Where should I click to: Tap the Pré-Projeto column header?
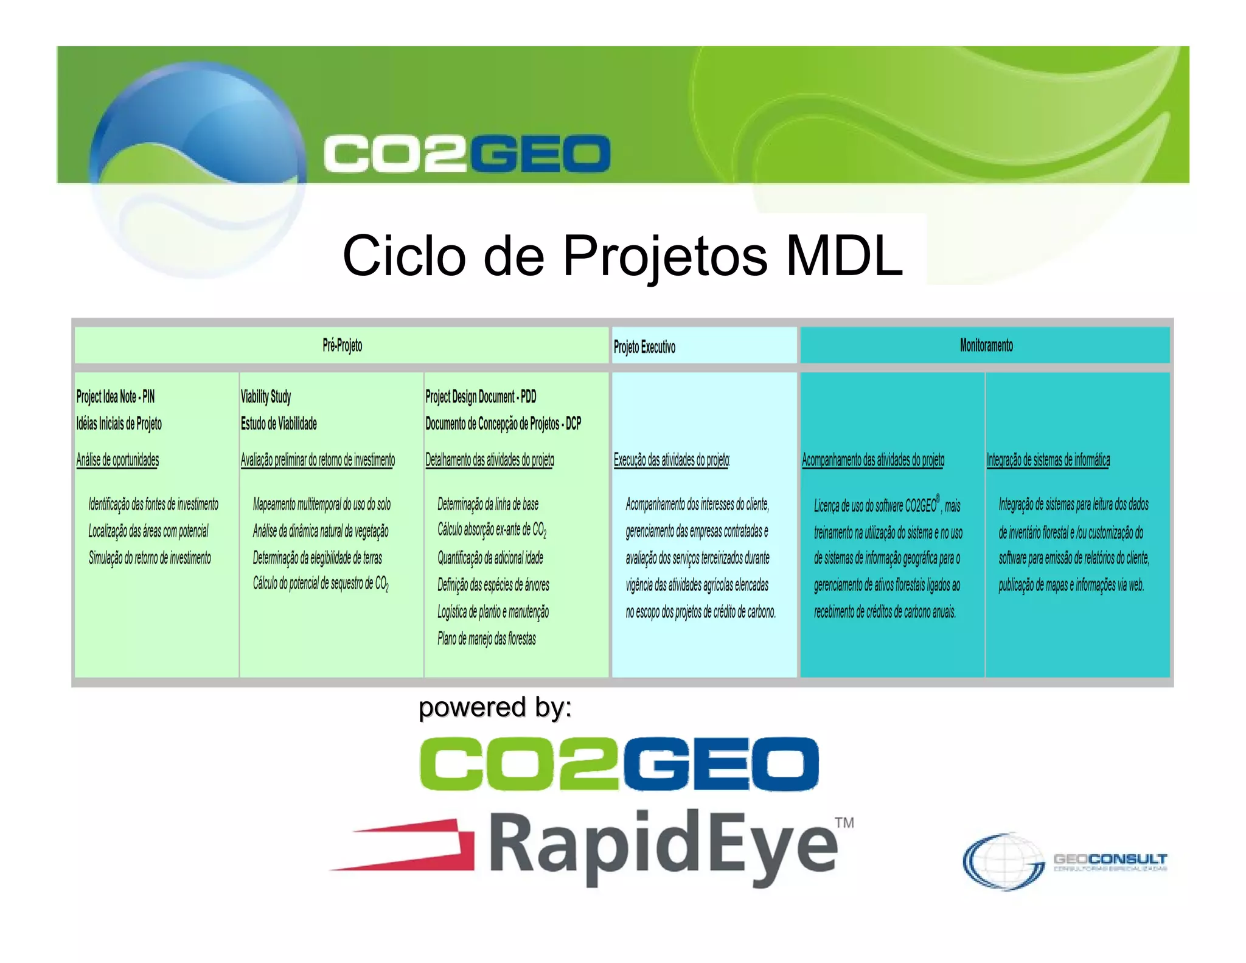(342, 346)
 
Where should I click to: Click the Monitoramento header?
(986, 346)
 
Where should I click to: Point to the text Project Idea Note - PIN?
(116, 397)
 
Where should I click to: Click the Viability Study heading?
(266, 397)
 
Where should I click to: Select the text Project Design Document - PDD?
(481, 397)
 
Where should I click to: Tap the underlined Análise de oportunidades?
(117, 460)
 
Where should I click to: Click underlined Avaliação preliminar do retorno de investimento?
(318, 460)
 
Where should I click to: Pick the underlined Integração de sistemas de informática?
(1048, 460)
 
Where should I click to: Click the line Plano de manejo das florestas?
(487, 639)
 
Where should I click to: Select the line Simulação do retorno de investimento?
(150, 558)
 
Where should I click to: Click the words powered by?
(495, 707)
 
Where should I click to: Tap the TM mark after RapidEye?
(844, 823)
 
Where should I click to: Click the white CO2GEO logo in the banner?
(467, 153)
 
